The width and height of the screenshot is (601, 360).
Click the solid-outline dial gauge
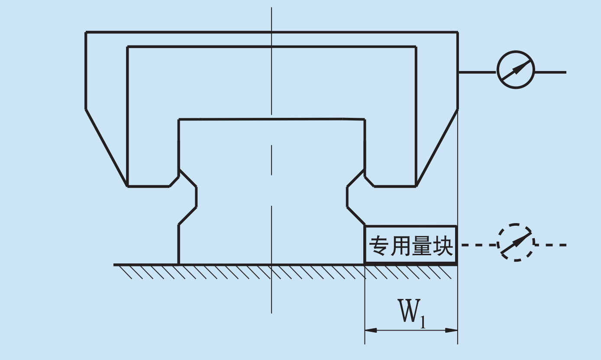click(x=515, y=51)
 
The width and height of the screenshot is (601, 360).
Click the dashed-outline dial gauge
click(x=515, y=224)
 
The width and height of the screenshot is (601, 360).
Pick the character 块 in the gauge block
click(x=443, y=245)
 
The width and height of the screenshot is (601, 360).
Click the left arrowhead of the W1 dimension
click(x=371, y=330)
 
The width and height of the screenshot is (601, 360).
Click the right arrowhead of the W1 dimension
click(x=452, y=330)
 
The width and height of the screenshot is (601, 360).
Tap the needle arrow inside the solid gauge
click(x=516, y=70)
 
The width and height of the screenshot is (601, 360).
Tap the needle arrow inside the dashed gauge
click(x=516, y=243)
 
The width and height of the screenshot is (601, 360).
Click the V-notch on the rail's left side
click(x=187, y=197)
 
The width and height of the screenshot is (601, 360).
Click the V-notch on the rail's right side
click(x=356, y=197)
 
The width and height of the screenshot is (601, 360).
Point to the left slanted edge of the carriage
click(x=106, y=148)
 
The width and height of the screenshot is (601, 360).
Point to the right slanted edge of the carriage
click(x=437, y=148)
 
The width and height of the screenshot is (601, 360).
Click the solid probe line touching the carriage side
click(x=477, y=72)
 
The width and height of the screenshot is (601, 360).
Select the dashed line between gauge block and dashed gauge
click(x=479, y=245)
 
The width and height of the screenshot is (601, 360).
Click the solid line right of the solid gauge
click(x=551, y=72)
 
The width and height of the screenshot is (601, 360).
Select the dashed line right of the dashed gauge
click(x=551, y=245)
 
